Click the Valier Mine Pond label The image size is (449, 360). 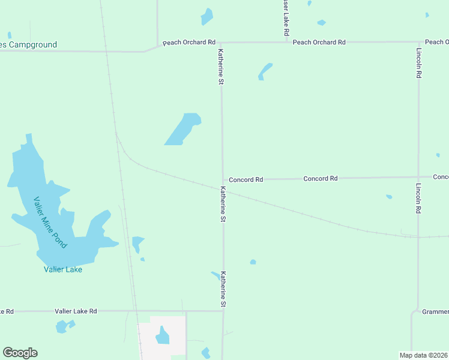pyautogui.click(x=50, y=223)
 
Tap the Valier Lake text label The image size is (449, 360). pyautogui.click(x=63, y=269)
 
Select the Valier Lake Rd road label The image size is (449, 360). pyautogui.click(x=76, y=311)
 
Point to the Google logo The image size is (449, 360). pyautogui.click(x=20, y=353)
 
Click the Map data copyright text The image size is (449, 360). pyautogui.click(x=424, y=355)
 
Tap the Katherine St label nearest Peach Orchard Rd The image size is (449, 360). pyautogui.click(x=221, y=66)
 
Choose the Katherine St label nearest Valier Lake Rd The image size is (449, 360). pyautogui.click(x=223, y=289)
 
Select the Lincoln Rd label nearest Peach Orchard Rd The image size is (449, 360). pyautogui.click(x=418, y=63)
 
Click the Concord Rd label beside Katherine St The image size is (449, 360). pyautogui.click(x=246, y=179)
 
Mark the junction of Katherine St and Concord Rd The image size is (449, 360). pyautogui.click(x=223, y=179)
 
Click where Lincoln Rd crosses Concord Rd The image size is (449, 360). pyautogui.click(x=418, y=177)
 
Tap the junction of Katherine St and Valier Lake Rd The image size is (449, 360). pyautogui.click(x=223, y=311)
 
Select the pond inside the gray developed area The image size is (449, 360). pyautogui.click(x=163, y=336)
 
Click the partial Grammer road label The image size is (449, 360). pyautogui.click(x=435, y=312)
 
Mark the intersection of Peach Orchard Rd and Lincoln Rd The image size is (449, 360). pyautogui.click(x=418, y=42)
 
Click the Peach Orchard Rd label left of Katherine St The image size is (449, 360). pyautogui.click(x=189, y=43)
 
